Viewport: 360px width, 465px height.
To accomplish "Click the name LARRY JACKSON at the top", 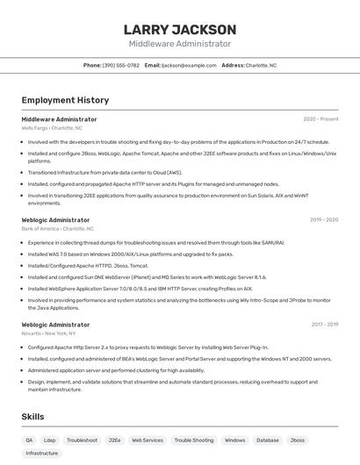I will click(180, 30).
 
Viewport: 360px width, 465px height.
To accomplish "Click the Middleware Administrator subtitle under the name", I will click(180, 44).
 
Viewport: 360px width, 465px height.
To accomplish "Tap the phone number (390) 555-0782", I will click(120, 65).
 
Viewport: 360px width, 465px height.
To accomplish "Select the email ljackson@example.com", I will click(189, 65).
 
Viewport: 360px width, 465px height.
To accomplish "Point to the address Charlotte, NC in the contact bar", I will click(261, 65).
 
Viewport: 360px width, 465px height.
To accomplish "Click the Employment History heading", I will click(65, 100).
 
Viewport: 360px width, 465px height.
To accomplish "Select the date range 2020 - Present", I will click(320, 119).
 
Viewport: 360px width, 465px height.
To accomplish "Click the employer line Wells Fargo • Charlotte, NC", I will click(58, 128).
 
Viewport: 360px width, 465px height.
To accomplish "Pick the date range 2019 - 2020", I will click(323, 220).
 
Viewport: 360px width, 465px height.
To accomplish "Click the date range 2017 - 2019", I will click(323, 325).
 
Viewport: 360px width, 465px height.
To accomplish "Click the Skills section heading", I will click(33, 417).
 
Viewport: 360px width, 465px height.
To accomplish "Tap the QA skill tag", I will click(29, 440).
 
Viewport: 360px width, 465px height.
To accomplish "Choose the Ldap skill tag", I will click(50, 440).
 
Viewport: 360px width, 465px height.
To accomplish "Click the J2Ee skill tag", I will click(114, 440).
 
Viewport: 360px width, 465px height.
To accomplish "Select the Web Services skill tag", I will click(148, 440).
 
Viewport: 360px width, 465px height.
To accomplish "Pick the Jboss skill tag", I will click(298, 440).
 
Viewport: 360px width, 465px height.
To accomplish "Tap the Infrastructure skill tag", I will click(42, 454).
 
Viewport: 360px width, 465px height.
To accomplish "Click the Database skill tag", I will click(268, 440).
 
